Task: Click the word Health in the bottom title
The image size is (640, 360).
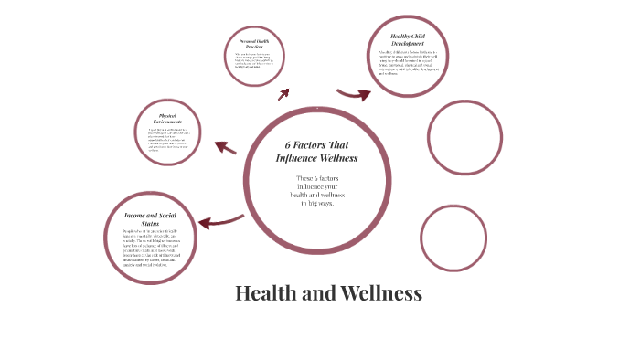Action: coord(264,293)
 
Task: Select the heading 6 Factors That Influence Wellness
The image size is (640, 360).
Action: coord(317,152)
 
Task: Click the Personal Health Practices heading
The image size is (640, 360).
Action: coord(254,44)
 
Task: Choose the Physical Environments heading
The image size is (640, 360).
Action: coord(166,119)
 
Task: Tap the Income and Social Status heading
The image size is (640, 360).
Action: coord(149,218)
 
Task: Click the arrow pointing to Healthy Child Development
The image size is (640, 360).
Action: coord(353,93)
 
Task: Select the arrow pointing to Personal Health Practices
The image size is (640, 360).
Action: coord(284,92)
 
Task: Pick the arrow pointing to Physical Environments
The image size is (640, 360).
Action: coord(225,146)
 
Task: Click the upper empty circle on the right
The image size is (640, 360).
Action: coord(464,136)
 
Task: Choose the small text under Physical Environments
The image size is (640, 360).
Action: coord(166,140)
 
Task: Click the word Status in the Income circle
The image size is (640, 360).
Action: coord(149,223)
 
